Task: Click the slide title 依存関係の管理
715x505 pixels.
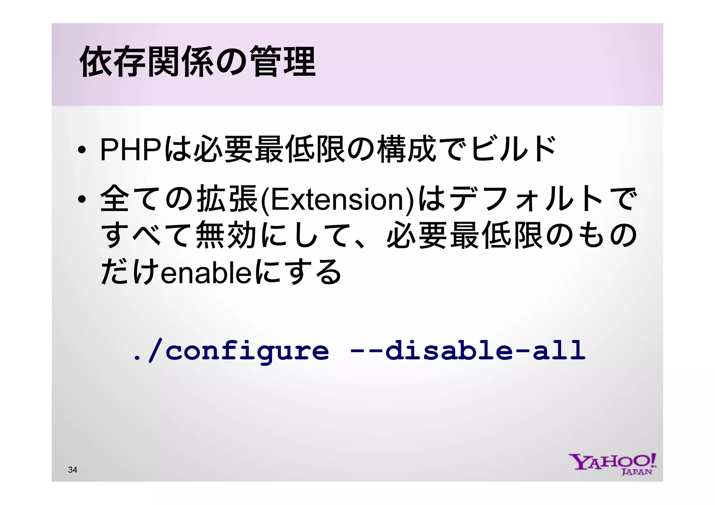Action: [x=198, y=62]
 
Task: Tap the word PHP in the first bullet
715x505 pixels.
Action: [x=131, y=150]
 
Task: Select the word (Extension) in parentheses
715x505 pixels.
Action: [x=338, y=200]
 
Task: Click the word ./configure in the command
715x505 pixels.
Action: [x=231, y=351]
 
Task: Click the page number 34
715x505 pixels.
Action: [x=73, y=470]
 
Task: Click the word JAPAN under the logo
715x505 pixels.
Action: [x=636, y=472]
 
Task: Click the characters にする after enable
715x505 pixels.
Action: [x=297, y=272]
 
